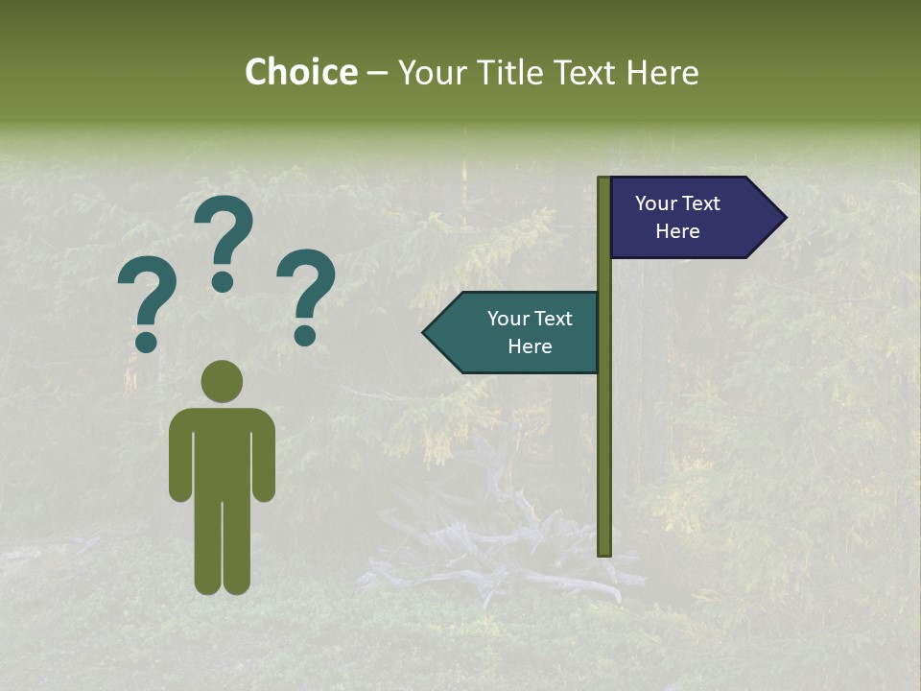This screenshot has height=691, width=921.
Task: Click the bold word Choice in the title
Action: click(x=300, y=72)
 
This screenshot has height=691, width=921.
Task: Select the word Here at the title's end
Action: click(x=662, y=72)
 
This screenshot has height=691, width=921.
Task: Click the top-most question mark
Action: click(x=224, y=240)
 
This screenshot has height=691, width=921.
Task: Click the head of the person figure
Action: click(x=222, y=381)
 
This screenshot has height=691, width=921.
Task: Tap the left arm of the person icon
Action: click(x=179, y=456)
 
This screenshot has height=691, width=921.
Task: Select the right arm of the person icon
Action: click(x=264, y=456)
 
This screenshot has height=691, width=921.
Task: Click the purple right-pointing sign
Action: click(x=691, y=217)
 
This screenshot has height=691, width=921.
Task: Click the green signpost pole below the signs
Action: click(x=604, y=461)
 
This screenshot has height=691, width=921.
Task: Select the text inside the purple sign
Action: click(x=677, y=217)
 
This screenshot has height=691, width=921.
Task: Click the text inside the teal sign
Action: click(x=530, y=332)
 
